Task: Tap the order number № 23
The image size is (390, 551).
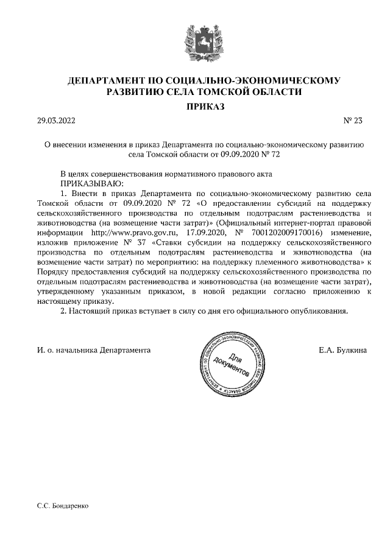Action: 353,121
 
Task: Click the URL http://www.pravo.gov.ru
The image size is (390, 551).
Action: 126,233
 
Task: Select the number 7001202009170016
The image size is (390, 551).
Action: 286,233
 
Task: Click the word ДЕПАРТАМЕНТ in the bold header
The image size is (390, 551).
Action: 108,80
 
